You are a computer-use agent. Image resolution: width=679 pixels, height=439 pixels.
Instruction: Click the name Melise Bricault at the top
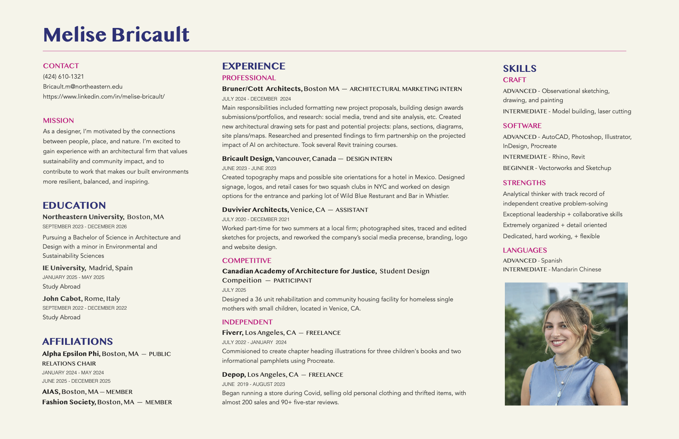[116, 35]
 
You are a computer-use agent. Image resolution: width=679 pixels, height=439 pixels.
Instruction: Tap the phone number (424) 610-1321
[64, 77]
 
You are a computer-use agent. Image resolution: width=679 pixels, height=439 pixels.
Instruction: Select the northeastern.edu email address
[83, 87]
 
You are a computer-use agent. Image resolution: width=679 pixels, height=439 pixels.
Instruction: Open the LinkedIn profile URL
[104, 97]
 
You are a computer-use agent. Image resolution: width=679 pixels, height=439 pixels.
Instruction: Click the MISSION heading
[58, 121]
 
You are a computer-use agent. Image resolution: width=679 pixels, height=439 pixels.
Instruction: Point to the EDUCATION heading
[74, 206]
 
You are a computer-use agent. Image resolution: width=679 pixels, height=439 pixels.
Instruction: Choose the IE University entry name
[64, 268]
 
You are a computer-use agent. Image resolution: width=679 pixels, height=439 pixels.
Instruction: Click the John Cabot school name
[62, 299]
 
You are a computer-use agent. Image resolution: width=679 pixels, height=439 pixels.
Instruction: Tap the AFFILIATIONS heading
[77, 342]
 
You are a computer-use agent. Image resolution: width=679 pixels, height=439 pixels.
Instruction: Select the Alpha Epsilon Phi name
[71, 354]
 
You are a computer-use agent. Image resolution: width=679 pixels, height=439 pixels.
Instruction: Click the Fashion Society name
[69, 402]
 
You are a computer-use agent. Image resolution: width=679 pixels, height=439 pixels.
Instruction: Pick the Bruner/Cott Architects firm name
[262, 89]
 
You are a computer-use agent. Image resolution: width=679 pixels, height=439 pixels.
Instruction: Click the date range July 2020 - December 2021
[256, 219]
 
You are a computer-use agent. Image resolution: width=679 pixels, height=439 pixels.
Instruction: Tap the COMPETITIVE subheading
[246, 261]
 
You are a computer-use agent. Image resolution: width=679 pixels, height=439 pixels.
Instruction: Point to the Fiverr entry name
[232, 332]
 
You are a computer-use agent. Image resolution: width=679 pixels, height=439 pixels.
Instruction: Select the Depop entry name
[234, 374]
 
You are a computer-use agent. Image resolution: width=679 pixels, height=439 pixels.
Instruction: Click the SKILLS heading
[519, 69]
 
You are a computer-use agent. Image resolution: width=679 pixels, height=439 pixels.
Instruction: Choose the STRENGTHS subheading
[524, 183]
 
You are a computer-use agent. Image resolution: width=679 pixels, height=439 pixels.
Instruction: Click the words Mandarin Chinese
[576, 269]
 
